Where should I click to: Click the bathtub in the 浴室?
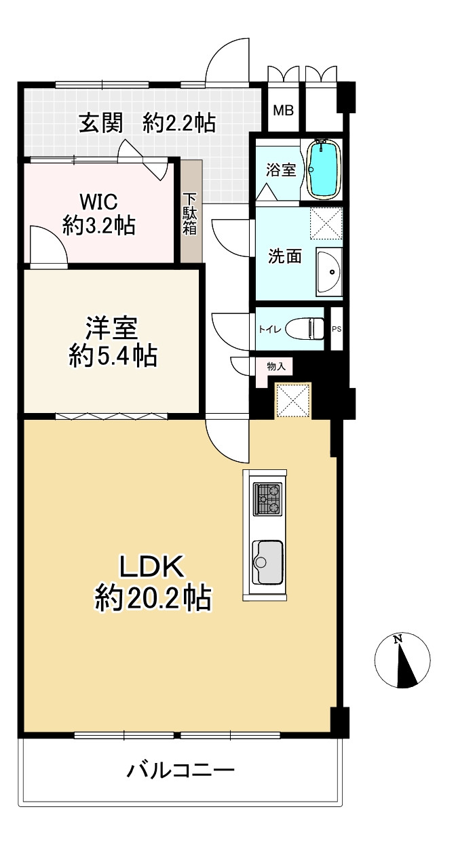324,169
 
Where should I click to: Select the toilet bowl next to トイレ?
305,328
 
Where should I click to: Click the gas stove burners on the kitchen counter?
267,499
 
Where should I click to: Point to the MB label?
283,111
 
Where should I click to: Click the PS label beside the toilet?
337,329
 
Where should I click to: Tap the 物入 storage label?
276,366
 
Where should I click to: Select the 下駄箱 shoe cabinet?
191,210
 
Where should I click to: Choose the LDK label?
152,566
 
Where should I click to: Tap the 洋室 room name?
112,328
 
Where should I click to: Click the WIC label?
98,202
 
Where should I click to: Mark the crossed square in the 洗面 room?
326,223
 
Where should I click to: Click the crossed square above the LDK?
293,399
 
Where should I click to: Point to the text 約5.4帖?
113,355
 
